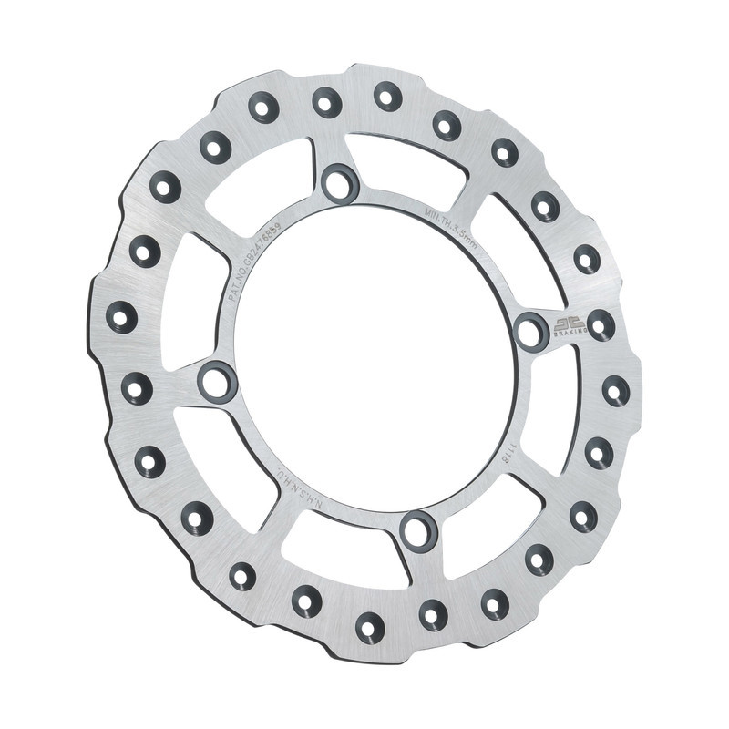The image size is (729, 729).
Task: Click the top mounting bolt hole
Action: (340, 182)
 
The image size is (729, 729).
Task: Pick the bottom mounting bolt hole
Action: (419, 529)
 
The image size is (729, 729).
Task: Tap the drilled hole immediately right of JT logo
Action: (601, 323)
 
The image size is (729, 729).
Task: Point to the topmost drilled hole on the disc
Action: (387, 95)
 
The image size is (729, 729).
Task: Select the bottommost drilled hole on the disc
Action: (369, 627)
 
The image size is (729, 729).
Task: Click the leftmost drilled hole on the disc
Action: (121, 316)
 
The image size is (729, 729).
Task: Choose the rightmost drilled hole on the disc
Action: (616, 391)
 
